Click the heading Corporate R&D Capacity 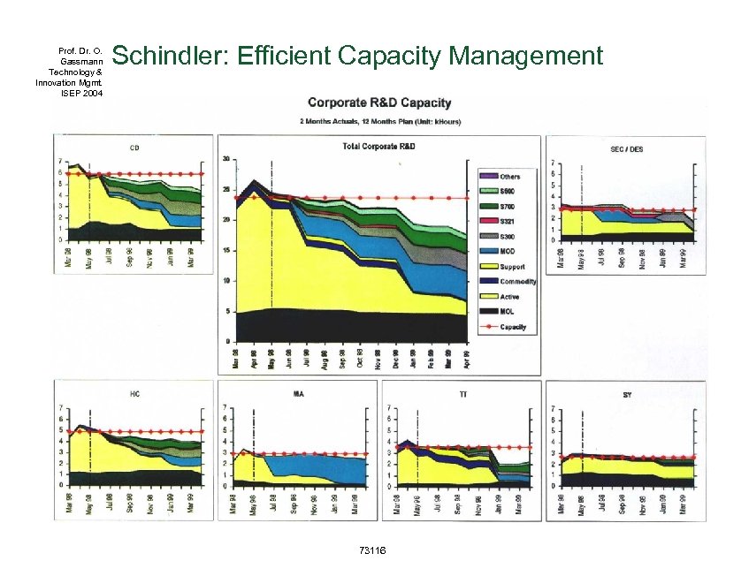379,103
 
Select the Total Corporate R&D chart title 378,145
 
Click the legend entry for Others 509,177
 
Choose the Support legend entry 512,267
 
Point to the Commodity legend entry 516,282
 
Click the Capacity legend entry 512,327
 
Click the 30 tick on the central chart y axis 226,160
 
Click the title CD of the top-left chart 134,147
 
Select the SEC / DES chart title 626,149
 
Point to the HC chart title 134,392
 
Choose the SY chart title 626,393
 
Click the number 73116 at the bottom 371,550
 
